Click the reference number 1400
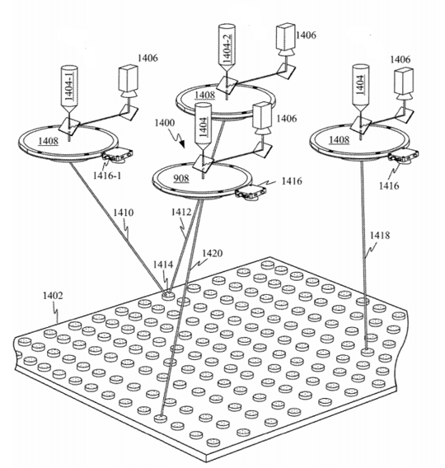(x=165, y=123)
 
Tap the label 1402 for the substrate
(x=53, y=296)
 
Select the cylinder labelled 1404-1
(x=69, y=89)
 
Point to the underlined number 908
(x=181, y=179)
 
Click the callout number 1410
(x=124, y=213)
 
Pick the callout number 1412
(x=181, y=213)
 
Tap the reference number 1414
(x=163, y=264)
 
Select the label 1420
(x=213, y=254)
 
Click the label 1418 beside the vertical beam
(x=380, y=236)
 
